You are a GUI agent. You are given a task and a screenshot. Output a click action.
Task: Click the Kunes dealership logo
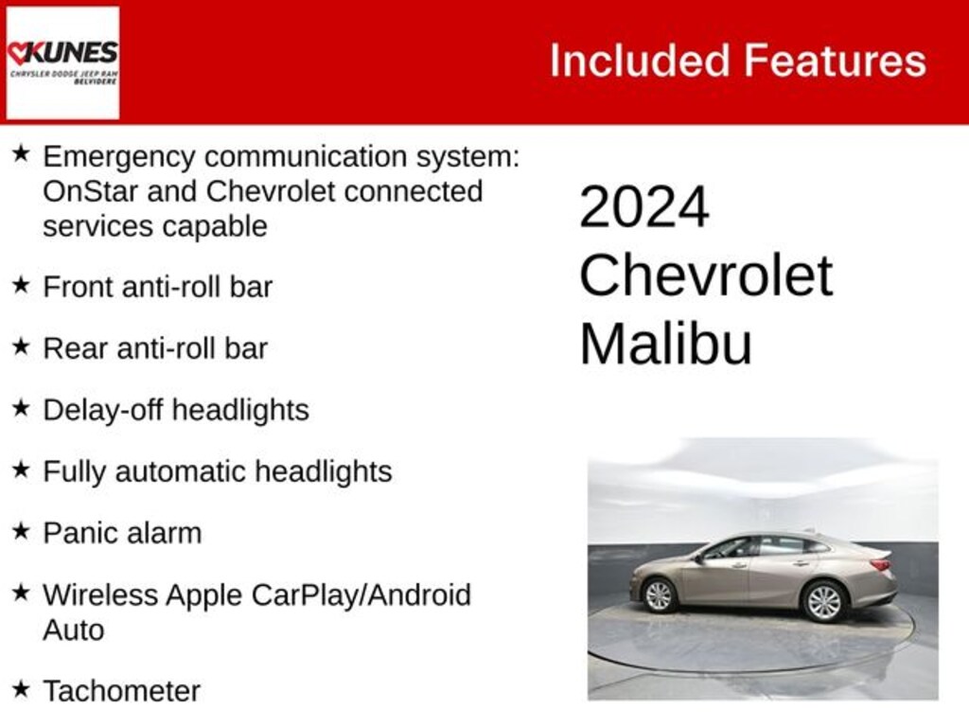(62, 62)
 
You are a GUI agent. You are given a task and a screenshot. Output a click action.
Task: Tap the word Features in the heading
(834, 61)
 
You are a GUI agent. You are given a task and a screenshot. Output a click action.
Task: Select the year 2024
(643, 207)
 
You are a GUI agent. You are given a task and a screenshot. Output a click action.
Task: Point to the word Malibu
(665, 344)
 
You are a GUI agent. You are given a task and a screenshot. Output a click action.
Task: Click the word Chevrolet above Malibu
(705, 275)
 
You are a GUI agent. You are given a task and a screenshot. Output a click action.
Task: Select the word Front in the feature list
(77, 286)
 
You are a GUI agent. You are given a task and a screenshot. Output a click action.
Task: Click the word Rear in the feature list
(74, 348)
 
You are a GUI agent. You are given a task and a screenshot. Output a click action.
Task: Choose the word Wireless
(100, 594)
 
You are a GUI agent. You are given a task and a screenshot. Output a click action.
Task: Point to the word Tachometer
(121, 691)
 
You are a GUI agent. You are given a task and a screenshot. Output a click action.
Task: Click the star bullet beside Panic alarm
(21, 530)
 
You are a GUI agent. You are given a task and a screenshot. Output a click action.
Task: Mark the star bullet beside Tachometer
(21, 688)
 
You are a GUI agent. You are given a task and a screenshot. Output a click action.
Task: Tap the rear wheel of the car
(823, 600)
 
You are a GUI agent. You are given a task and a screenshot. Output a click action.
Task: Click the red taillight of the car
(880, 565)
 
